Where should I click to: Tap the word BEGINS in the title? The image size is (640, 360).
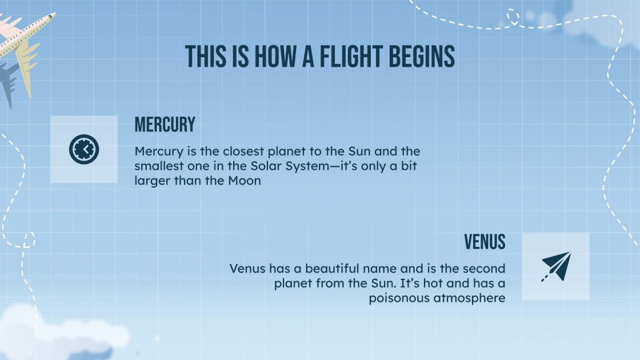(x=423, y=57)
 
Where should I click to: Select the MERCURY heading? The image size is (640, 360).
(x=165, y=124)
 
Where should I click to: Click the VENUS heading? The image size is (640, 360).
(x=485, y=242)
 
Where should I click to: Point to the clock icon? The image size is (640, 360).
(x=84, y=149)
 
